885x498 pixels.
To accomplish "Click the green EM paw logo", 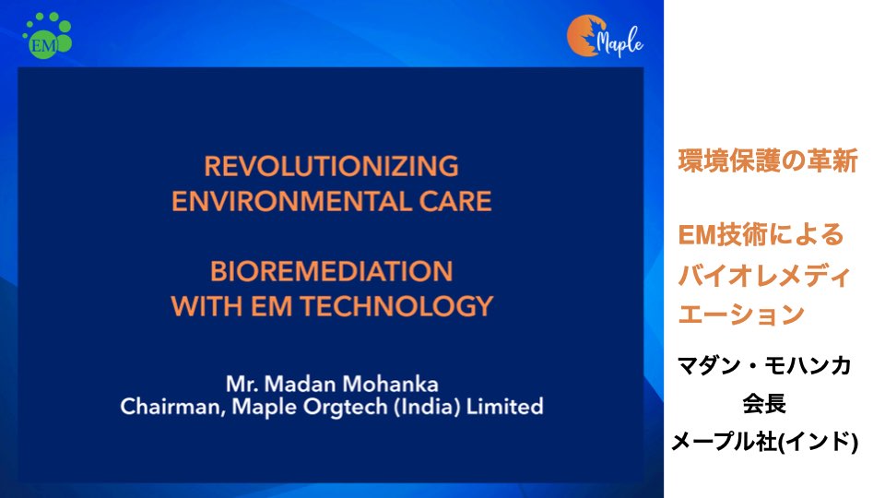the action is [47, 36].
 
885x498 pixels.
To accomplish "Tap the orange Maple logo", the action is [605, 37].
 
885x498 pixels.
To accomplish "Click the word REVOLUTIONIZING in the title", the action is [331, 167].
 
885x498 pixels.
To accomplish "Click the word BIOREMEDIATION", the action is [331, 271].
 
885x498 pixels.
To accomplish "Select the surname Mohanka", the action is [390, 385].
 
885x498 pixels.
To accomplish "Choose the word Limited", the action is [504, 407].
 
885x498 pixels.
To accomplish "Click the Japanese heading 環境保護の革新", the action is [768, 160].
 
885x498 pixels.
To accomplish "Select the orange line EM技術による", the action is [761, 235].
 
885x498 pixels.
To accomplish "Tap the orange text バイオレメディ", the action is [763, 276].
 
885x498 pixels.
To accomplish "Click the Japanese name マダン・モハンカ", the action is [764, 366].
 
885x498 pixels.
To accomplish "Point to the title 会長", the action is [764, 404].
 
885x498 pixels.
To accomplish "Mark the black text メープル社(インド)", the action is [765, 442].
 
